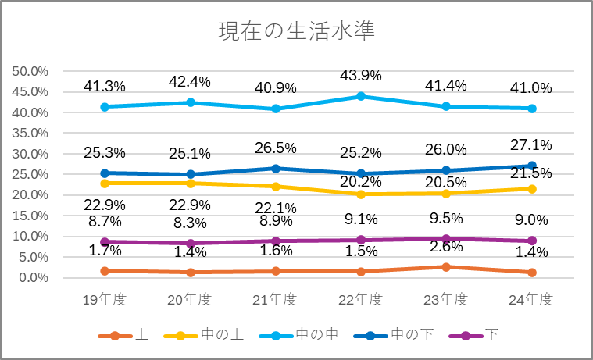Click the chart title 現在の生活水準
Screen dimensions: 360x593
[296, 31]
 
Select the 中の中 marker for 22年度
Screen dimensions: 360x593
[360, 96]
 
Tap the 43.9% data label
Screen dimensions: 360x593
[360, 76]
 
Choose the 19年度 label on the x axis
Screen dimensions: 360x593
[105, 299]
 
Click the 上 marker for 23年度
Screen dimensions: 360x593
[446, 267]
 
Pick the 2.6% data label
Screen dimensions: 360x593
[446, 246]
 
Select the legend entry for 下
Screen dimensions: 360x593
[473, 336]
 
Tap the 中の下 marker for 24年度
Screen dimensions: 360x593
[532, 166]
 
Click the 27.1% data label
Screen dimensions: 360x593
[532, 145]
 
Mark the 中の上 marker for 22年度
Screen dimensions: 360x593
[360, 194]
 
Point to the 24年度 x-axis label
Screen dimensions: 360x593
[532, 299]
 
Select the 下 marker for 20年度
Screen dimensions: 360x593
[190, 243]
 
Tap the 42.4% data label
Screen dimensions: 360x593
[190, 81]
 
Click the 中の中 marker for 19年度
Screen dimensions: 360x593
[105, 106]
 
